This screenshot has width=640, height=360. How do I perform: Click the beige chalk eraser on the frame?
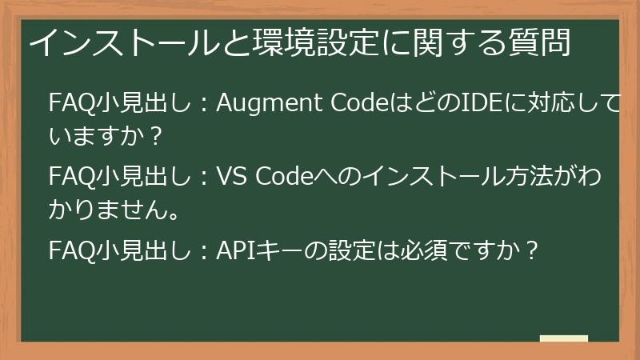click(x=563, y=338)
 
